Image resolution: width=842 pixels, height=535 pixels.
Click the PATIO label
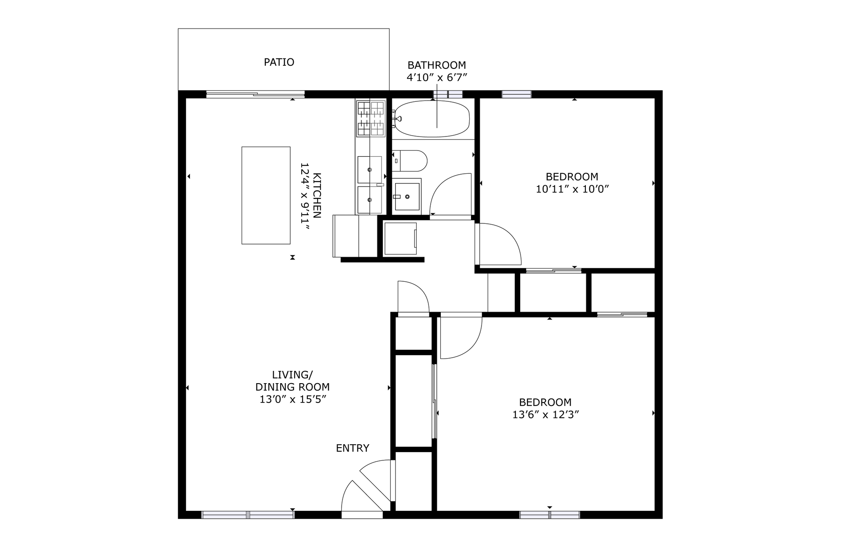279,62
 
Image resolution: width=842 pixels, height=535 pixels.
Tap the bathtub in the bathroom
432,118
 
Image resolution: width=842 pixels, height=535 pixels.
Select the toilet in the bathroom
410,161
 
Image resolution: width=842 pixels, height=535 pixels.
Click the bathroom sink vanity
407,197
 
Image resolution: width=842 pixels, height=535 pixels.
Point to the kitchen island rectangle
266,195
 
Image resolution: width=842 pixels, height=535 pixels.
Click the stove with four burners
371,118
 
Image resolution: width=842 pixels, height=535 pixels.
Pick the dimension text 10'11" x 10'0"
572,189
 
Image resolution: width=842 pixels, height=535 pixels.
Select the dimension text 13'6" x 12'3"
546,415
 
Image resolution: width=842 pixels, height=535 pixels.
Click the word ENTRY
352,448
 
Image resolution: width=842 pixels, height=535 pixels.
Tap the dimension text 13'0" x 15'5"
293,399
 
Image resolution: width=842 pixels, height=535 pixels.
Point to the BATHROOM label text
436,65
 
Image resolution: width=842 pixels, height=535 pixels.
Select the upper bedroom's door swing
500,244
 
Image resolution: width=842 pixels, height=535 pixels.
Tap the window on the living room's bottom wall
247,515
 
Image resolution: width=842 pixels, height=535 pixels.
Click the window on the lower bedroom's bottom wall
549,515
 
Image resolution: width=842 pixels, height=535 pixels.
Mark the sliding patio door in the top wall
255,94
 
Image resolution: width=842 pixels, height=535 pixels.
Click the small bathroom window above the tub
448,94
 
